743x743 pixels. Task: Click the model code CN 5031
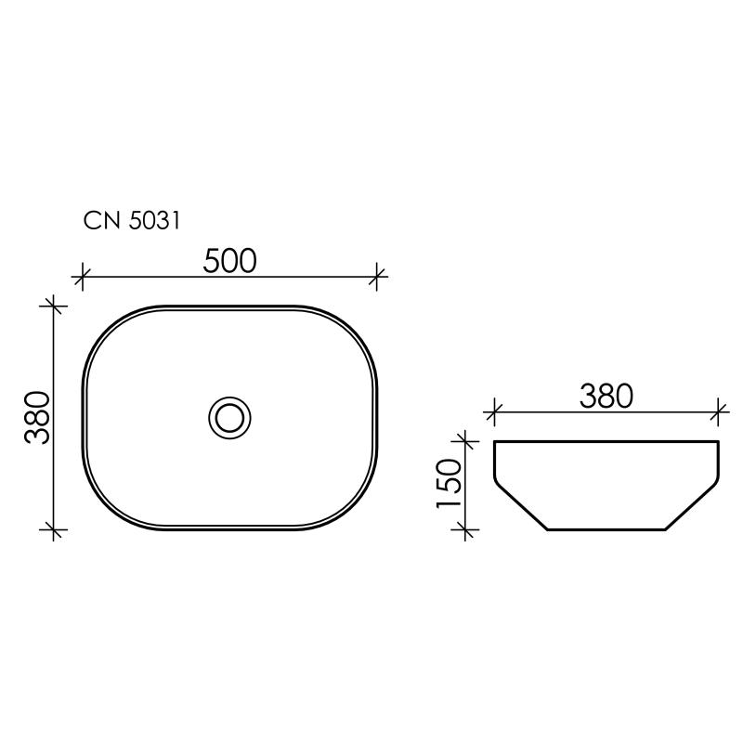click(131, 221)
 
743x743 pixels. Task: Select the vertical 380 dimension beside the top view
click(37, 416)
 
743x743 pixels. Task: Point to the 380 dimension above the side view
click(606, 396)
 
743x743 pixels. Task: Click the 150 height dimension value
click(448, 483)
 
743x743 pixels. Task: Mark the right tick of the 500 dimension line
click(376, 275)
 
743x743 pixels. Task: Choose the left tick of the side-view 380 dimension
click(494, 410)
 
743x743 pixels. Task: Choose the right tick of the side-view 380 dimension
click(719, 410)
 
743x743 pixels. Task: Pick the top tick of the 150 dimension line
click(463, 439)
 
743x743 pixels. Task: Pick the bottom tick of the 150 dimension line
click(463, 529)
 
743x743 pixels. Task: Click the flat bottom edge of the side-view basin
click(606, 529)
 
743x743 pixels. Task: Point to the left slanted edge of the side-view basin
click(520, 506)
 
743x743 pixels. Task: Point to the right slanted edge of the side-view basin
click(693, 506)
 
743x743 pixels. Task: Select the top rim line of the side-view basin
click(606, 440)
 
